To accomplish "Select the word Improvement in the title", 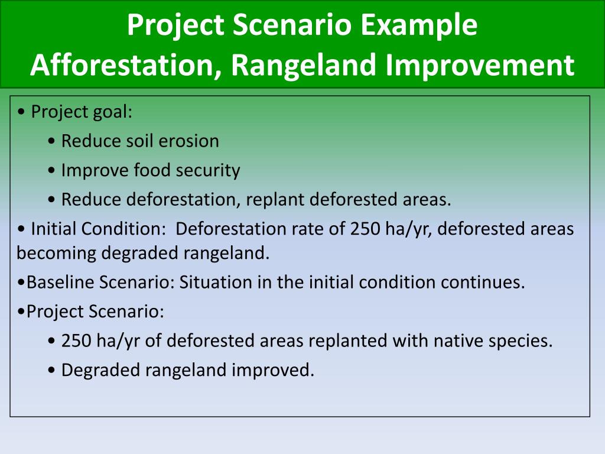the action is (480, 66).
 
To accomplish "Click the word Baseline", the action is (60, 282).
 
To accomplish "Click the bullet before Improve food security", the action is (52, 171).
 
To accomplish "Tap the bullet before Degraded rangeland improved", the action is (52, 370).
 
